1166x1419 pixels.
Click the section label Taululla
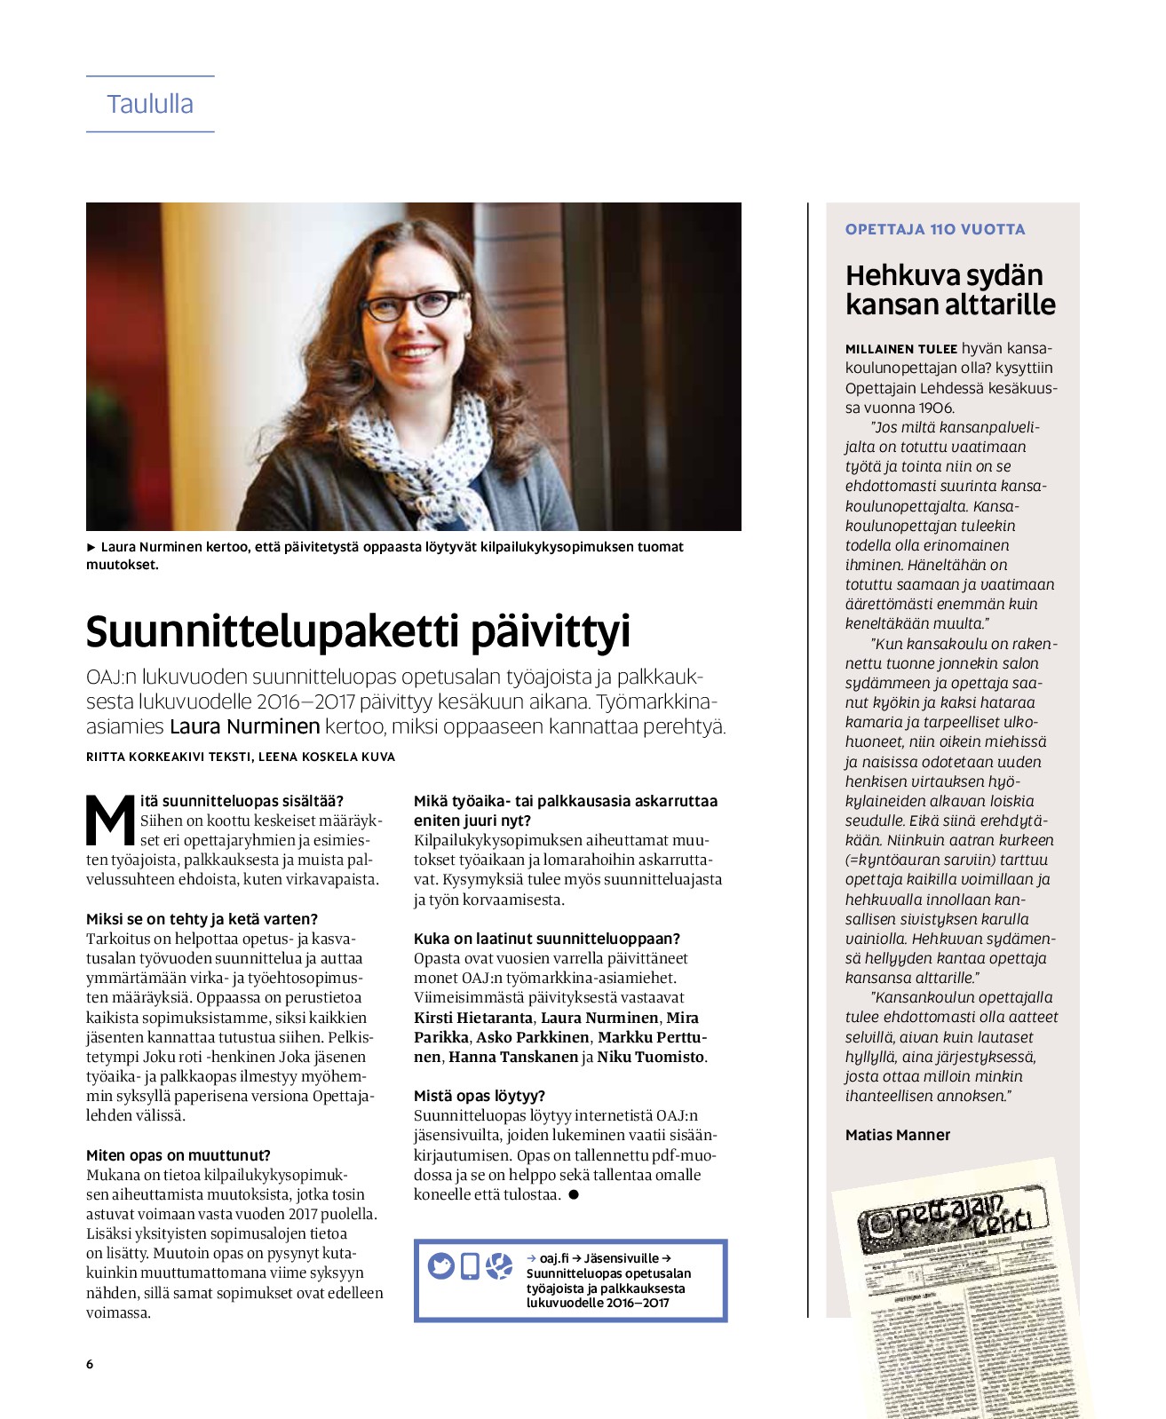click(x=150, y=104)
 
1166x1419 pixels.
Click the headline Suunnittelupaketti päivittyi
click(x=358, y=631)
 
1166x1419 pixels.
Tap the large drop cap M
click(x=110, y=820)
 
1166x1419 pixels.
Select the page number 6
click(x=90, y=1364)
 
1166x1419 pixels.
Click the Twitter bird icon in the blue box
click(x=441, y=1265)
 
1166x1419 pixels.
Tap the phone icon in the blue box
click(x=471, y=1265)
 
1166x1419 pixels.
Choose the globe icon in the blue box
click(x=499, y=1265)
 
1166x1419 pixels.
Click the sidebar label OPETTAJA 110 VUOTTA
click(x=935, y=229)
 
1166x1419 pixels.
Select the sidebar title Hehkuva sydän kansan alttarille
click(x=950, y=289)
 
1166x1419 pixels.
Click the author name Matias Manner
click(x=898, y=1135)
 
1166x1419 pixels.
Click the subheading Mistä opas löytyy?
click(x=480, y=1096)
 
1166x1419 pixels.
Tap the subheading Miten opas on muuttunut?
click(x=178, y=1155)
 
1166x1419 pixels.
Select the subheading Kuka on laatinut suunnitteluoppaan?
click(x=547, y=939)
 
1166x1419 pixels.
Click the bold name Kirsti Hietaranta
click(x=473, y=1018)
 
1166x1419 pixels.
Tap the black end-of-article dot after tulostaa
click(x=574, y=1194)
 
